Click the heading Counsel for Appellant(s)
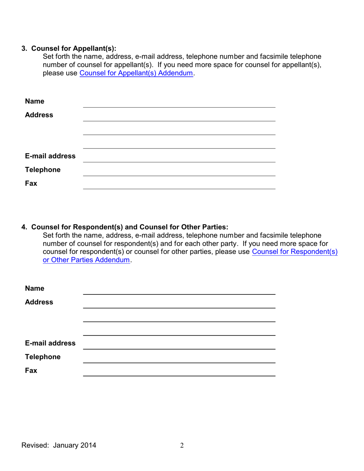pyautogui.click(x=73, y=48)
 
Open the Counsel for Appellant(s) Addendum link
pyautogui.click(x=136, y=73)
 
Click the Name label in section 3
pyautogui.click(x=34, y=101)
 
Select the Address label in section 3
pyautogui.click(x=39, y=115)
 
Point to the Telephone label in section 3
pyautogui.click(x=43, y=170)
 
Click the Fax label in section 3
pyautogui.click(x=31, y=183)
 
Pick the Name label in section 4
pyautogui.click(x=34, y=288)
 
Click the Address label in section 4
pyautogui.click(x=39, y=302)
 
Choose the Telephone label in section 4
pyautogui.click(x=43, y=357)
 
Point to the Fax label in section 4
pyautogui.click(x=31, y=370)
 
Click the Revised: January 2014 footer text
pyautogui.click(x=59, y=445)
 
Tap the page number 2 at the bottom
pyautogui.click(x=182, y=445)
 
